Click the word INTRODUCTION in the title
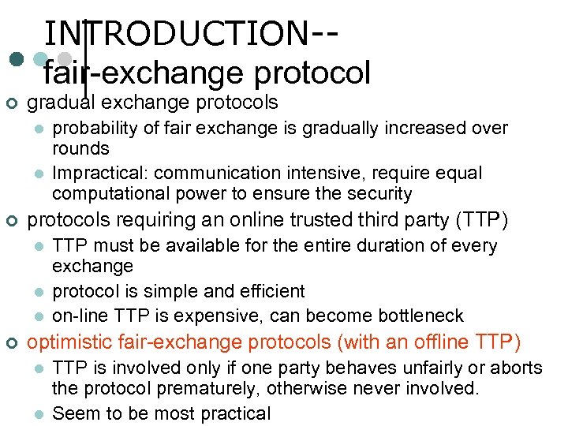pos(177,33)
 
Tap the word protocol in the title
pos(312,73)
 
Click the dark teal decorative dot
pos(16,59)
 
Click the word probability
pos(94,128)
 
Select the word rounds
pos(80,148)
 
